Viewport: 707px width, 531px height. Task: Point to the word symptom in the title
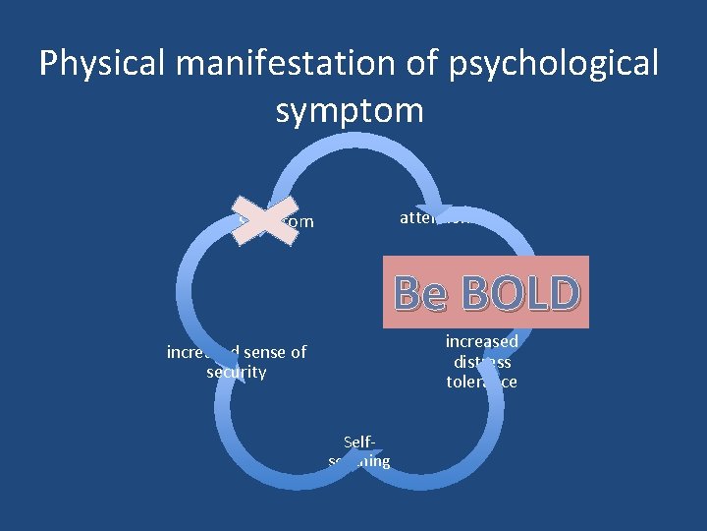350,110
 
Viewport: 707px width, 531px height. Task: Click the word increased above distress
481,341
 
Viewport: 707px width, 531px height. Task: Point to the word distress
481,361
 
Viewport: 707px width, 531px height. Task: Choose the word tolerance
481,382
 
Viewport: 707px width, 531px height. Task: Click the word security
237,372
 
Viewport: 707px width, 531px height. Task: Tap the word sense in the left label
259,352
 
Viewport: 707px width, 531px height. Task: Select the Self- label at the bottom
359,442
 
